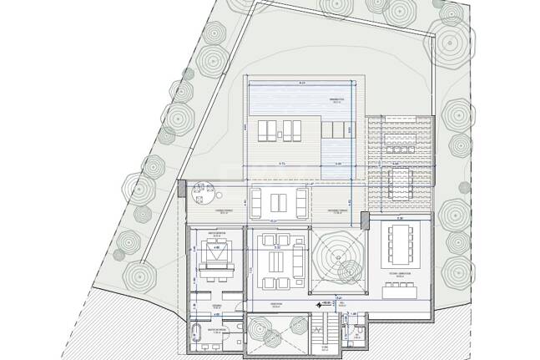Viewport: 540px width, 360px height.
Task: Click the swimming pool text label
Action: (x=336, y=99)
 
